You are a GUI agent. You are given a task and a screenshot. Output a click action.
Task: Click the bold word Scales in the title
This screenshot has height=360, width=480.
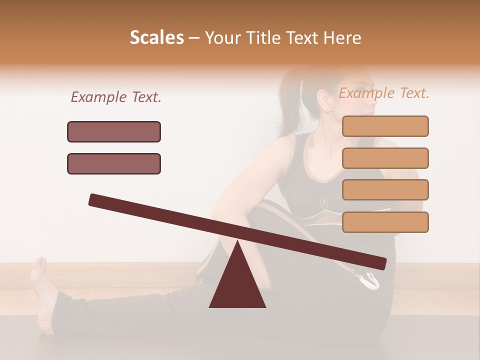(x=156, y=37)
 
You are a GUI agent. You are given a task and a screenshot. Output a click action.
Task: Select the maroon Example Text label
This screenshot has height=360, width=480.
(x=116, y=97)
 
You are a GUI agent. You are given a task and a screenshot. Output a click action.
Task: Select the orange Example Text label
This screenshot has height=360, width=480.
(x=384, y=93)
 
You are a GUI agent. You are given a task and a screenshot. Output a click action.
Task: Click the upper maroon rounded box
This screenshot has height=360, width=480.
(x=114, y=131)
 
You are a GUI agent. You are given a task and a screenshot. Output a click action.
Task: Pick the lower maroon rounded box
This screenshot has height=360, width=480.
(x=114, y=163)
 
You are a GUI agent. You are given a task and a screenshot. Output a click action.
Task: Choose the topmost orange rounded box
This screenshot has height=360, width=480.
(x=385, y=126)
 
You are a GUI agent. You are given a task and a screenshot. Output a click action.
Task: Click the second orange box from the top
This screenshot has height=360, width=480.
(x=385, y=158)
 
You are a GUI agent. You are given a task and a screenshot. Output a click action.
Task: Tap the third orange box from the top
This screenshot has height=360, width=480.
(x=385, y=189)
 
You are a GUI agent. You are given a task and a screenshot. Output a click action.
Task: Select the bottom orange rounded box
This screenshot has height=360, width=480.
(x=385, y=222)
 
